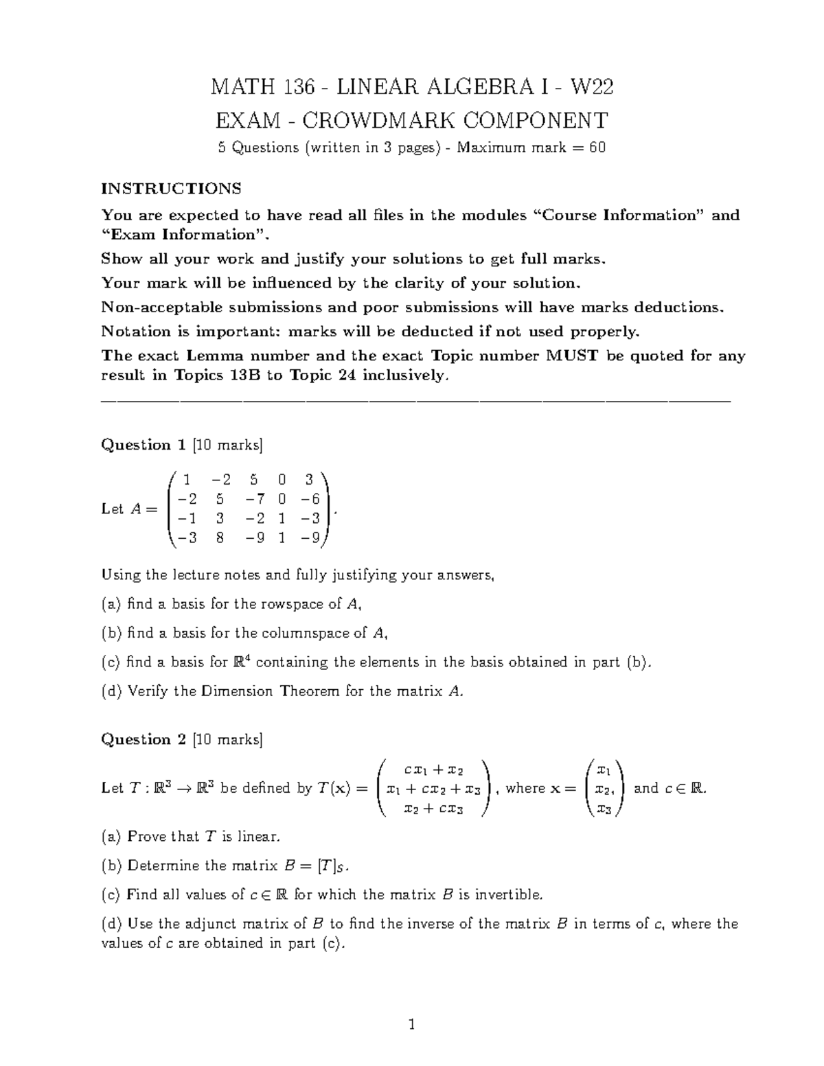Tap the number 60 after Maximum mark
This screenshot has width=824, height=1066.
coord(597,148)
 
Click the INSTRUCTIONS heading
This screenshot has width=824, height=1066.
coord(171,188)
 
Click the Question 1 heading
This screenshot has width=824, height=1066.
coord(144,445)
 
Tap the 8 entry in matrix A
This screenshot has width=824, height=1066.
coord(220,538)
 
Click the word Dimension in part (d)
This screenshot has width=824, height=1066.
coord(238,691)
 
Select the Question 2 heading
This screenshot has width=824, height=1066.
coord(144,739)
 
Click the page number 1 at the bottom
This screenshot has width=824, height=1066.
coord(412,1026)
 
